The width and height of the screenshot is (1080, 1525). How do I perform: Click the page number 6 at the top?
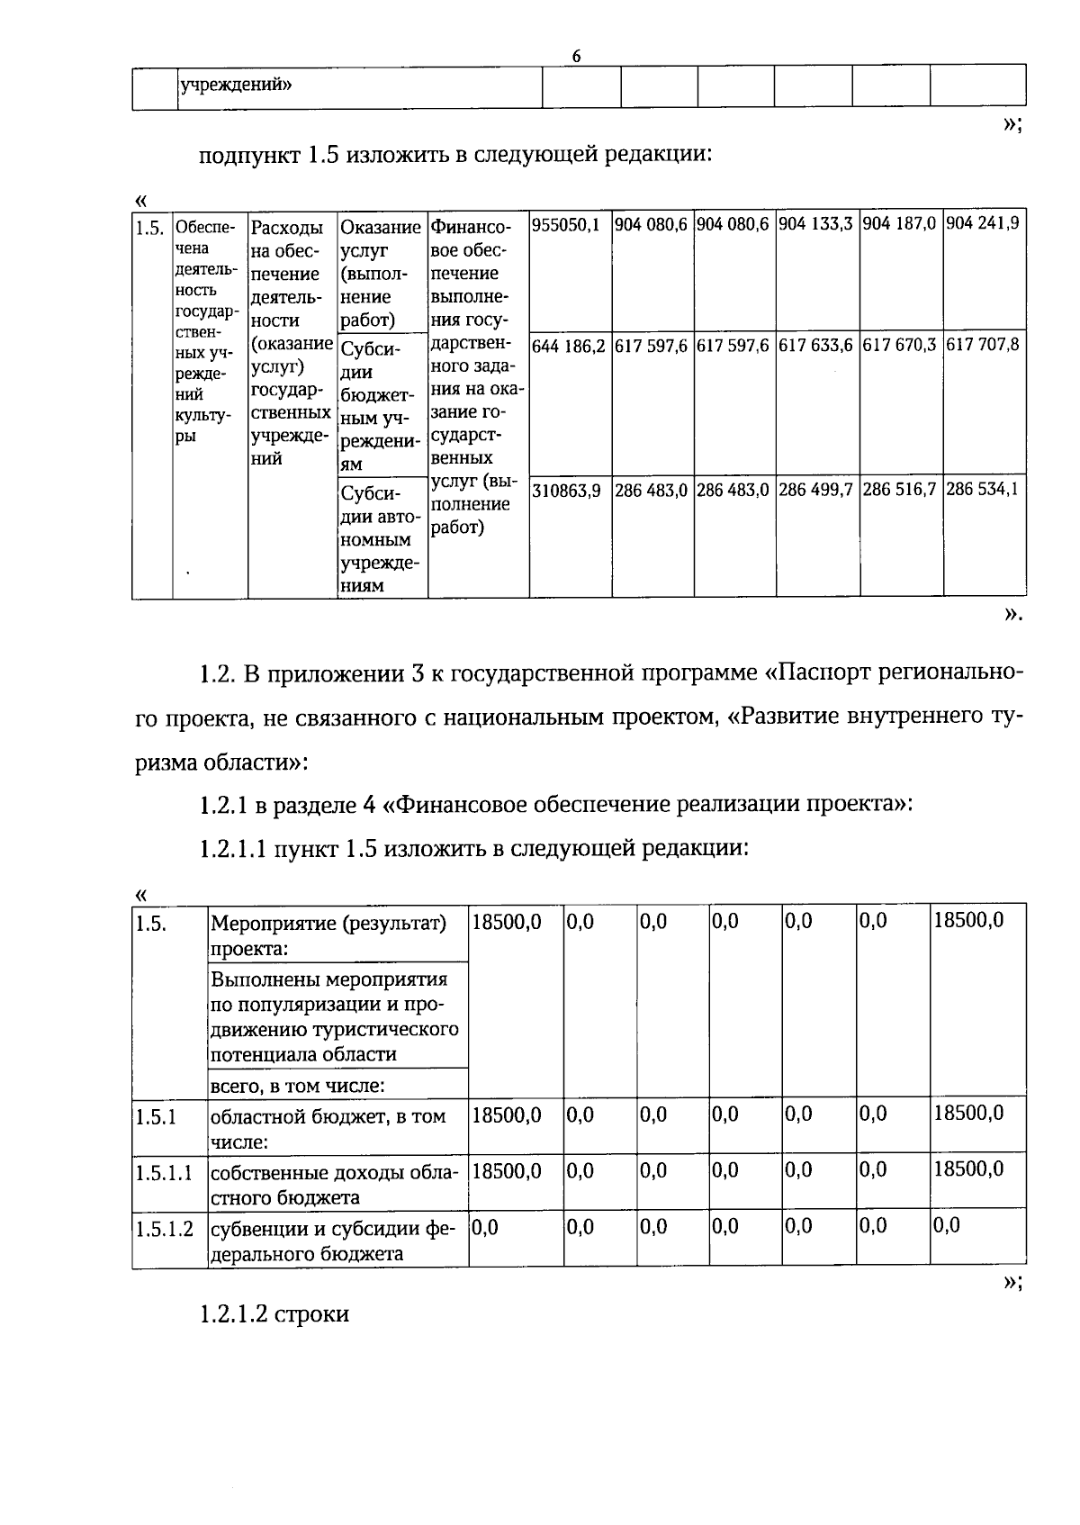tap(577, 56)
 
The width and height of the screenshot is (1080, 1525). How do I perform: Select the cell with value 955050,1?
tap(566, 224)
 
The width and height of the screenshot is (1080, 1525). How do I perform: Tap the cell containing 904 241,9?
tap(982, 223)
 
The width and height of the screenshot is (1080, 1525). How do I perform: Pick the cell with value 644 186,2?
tap(569, 345)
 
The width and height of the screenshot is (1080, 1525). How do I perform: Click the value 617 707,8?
tap(982, 344)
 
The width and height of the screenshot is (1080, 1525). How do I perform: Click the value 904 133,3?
tap(815, 223)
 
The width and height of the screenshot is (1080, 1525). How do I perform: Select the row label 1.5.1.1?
tap(164, 1173)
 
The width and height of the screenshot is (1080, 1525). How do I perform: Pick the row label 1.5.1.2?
tap(164, 1229)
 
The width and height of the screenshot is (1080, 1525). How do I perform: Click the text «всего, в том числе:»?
tap(297, 1086)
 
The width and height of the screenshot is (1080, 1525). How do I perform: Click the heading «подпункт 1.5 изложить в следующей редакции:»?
tap(455, 154)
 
